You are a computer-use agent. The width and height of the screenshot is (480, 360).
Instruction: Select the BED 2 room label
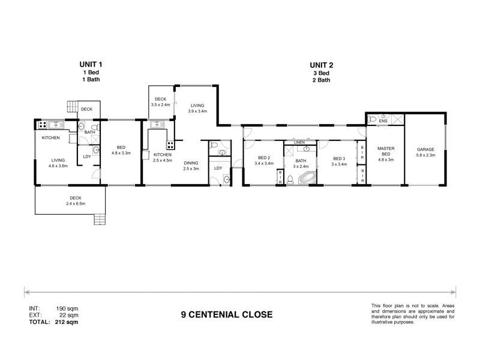[263, 159]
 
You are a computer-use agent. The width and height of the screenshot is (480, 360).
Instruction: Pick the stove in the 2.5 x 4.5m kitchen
[170, 144]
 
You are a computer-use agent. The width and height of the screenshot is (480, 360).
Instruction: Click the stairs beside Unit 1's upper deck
[73, 108]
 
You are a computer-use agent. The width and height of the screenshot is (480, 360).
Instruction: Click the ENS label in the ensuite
[383, 120]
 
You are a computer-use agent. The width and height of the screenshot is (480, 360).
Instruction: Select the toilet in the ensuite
[372, 119]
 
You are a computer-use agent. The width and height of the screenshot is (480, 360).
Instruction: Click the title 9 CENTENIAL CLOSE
[227, 314]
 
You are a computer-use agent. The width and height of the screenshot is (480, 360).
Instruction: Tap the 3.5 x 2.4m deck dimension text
[160, 104]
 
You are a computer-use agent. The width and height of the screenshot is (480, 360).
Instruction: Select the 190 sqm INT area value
[67, 308]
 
